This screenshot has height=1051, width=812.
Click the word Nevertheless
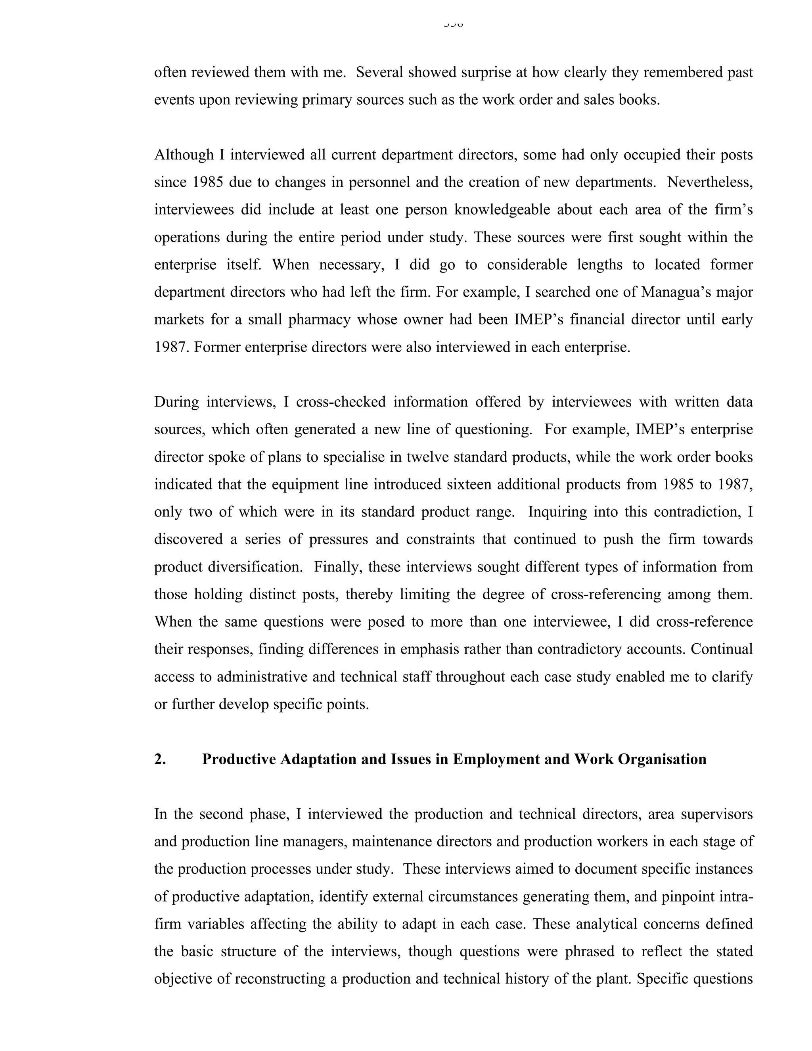point(710,182)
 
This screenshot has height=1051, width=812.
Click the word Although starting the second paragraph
point(184,155)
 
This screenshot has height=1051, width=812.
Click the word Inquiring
point(557,512)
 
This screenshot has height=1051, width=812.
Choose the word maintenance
point(392,842)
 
